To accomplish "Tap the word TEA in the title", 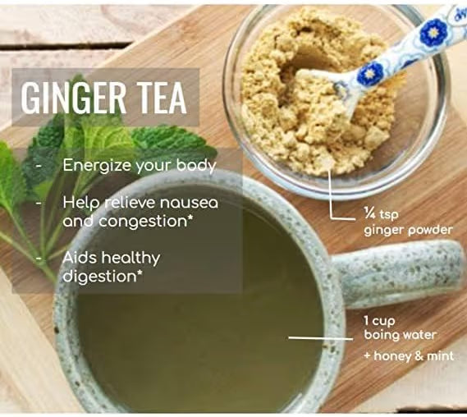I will (x=160, y=97).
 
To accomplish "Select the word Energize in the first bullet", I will (x=94, y=165).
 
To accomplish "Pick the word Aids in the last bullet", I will (x=80, y=258).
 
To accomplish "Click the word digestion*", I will (x=103, y=276).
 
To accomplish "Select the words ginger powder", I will (x=408, y=229).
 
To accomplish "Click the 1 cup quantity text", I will (x=382, y=320).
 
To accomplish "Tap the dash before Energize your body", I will (x=39, y=166).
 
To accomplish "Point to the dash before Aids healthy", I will (x=39, y=259).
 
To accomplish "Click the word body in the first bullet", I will (x=199, y=165).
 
